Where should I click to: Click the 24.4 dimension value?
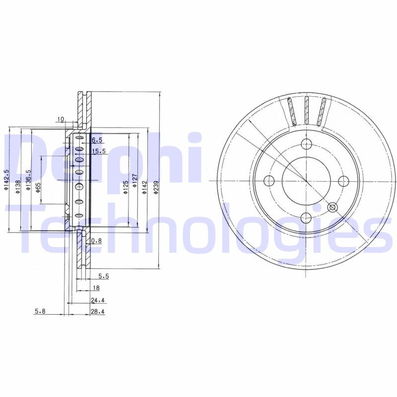(98, 300)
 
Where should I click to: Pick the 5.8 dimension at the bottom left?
(40, 312)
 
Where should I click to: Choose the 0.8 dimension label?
(97, 241)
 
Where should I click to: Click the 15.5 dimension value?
(98, 151)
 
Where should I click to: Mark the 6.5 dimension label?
(96, 140)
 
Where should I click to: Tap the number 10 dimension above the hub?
(61, 119)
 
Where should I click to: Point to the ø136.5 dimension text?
(28, 180)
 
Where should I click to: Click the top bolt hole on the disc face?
(306, 144)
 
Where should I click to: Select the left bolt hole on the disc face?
(269, 180)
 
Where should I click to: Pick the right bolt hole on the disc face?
(342, 180)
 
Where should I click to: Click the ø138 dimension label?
(17, 185)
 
